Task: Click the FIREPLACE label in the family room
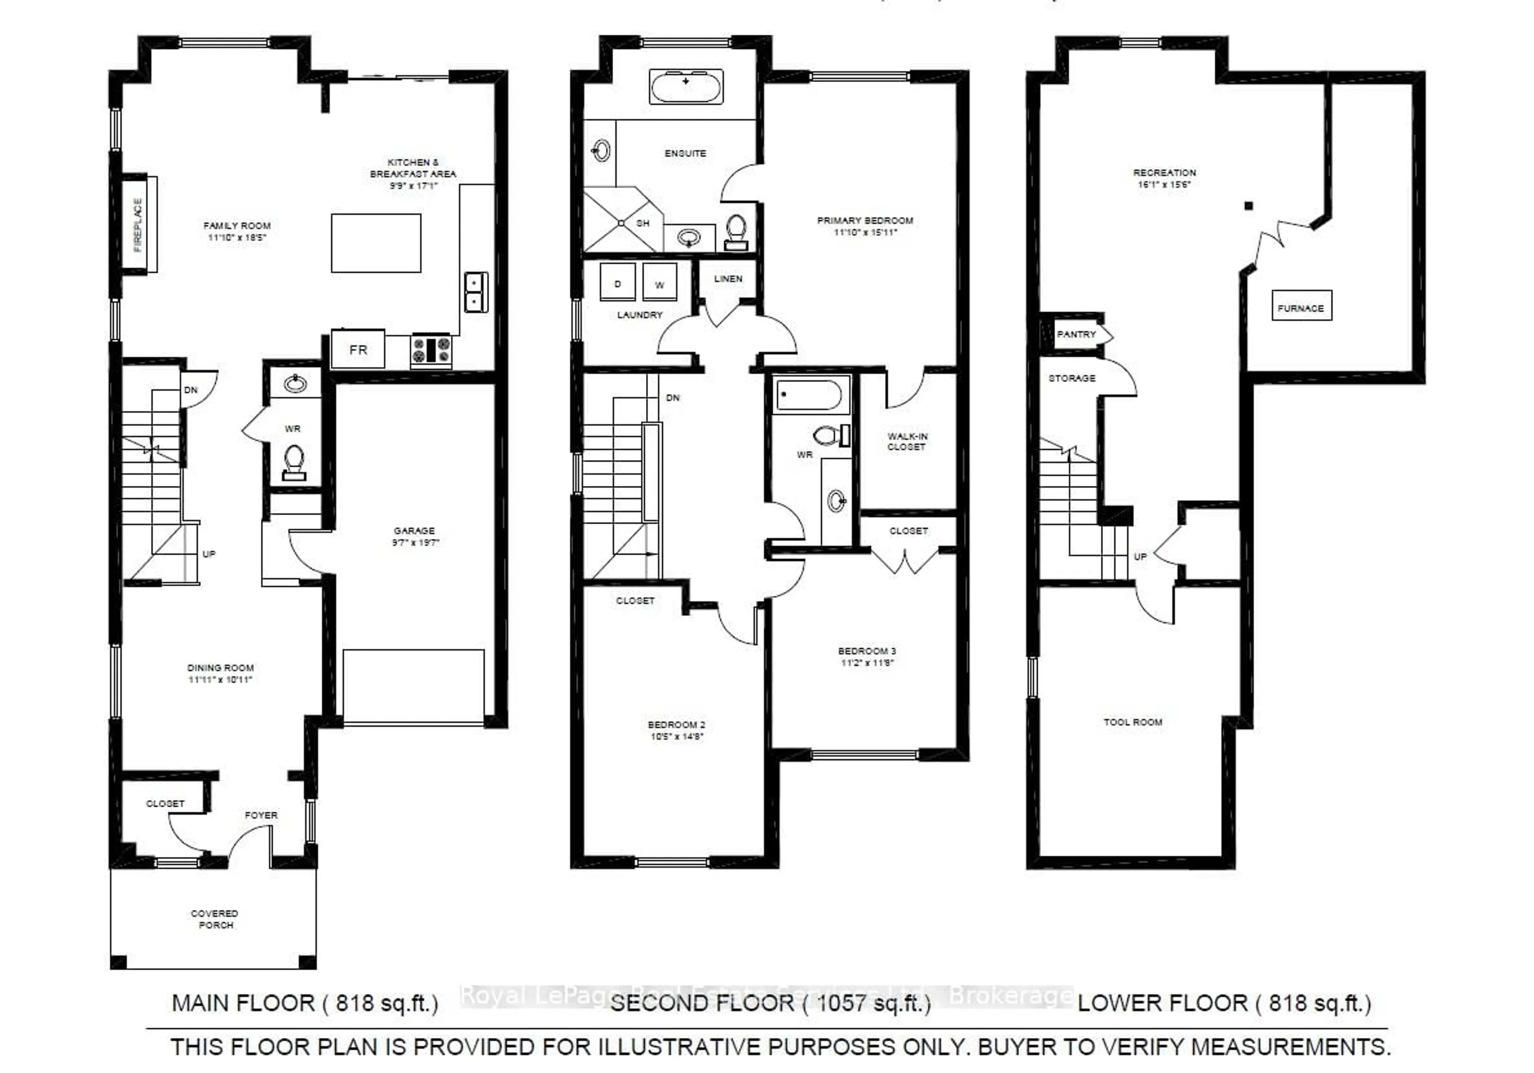click(138, 225)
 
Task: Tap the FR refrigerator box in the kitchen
click(358, 349)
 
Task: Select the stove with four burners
click(431, 350)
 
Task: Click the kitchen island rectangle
click(376, 243)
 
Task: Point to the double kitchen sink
click(476, 292)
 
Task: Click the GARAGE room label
click(414, 530)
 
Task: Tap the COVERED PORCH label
click(215, 919)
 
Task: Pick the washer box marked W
click(660, 283)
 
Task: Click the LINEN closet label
click(727, 279)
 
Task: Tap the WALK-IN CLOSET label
click(907, 441)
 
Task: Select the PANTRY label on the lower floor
click(1076, 334)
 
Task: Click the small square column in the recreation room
click(1248, 206)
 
